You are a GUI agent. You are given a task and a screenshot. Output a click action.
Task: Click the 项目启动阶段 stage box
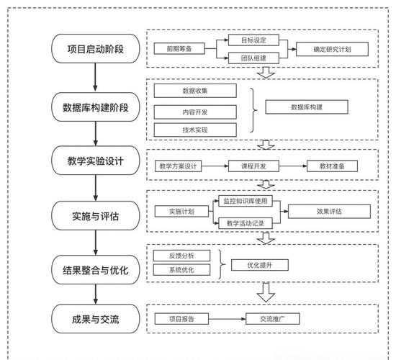pyautogui.click(x=96, y=49)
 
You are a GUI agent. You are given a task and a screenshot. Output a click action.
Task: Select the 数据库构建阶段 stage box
pyautogui.click(x=96, y=108)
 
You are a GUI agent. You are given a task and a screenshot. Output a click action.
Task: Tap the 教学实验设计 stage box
pyautogui.click(x=96, y=161)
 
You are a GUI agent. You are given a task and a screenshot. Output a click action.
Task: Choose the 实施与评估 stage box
pyautogui.click(x=96, y=215)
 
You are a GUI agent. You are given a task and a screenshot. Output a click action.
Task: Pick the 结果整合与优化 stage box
pyautogui.click(x=96, y=270)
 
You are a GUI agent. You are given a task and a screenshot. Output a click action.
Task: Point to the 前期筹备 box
pyautogui.click(x=178, y=49)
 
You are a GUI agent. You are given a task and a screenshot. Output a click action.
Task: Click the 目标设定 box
pyautogui.click(x=248, y=40)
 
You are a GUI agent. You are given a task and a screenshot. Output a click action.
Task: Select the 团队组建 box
pyautogui.click(x=248, y=59)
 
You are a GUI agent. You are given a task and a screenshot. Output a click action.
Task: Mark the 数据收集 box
pyautogui.click(x=195, y=91)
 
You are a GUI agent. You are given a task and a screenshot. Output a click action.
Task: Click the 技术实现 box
pyautogui.click(x=195, y=129)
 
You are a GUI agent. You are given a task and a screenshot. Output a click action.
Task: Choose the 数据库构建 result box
pyautogui.click(x=307, y=107)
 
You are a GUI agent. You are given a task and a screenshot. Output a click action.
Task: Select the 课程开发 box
pyautogui.click(x=249, y=166)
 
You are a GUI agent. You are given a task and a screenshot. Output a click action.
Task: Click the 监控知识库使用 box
pyautogui.click(x=249, y=203)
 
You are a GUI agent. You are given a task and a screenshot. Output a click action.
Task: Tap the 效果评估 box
pyautogui.click(x=328, y=212)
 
